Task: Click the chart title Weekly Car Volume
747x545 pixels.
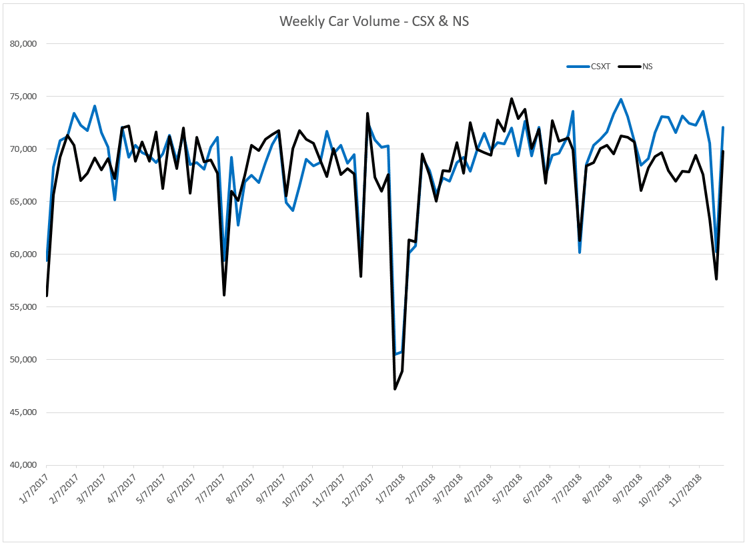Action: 373,21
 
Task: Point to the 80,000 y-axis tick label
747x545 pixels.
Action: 23,44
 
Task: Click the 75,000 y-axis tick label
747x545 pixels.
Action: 23,97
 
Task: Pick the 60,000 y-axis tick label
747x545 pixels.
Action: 23,255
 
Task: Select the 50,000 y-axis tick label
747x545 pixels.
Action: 23,360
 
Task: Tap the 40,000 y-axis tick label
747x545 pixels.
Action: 23,465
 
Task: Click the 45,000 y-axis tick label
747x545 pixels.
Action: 23,412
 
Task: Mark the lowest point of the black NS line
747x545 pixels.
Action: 395,389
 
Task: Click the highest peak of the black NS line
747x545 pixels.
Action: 512,99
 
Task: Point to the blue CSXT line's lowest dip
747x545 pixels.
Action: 395,354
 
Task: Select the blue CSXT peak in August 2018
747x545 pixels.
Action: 621,99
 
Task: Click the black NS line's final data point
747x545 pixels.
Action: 724,152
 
